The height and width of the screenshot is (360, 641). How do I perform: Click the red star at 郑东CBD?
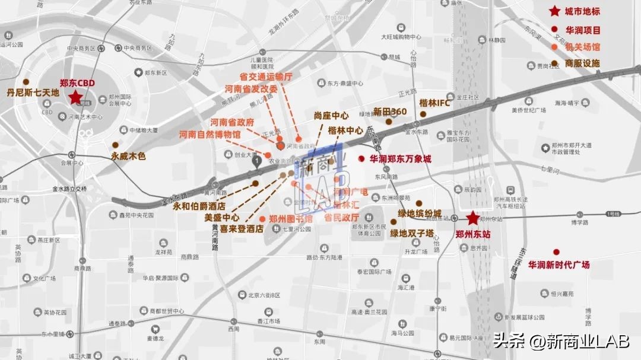click(76, 98)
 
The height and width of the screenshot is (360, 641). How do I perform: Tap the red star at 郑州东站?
click(472, 218)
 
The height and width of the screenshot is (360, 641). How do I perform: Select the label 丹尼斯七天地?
click(33, 93)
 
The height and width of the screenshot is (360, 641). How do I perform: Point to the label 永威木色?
click(128, 157)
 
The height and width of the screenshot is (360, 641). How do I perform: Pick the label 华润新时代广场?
click(559, 265)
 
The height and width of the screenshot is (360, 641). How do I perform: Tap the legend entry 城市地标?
click(582, 11)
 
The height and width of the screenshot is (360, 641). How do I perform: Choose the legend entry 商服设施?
click(582, 63)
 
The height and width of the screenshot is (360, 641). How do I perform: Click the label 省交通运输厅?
click(266, 77)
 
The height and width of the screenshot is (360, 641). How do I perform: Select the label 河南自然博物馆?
click(210, 135)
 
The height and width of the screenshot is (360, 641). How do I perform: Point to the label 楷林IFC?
click(435, 103)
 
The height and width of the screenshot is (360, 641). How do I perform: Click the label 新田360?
click(390, 111)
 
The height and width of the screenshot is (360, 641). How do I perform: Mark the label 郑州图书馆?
click(291, 218)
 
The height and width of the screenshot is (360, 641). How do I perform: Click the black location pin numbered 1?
click(256, 161)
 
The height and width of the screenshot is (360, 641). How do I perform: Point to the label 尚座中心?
click(331, 116)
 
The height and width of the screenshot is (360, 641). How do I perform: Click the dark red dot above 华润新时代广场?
click(556, 252)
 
